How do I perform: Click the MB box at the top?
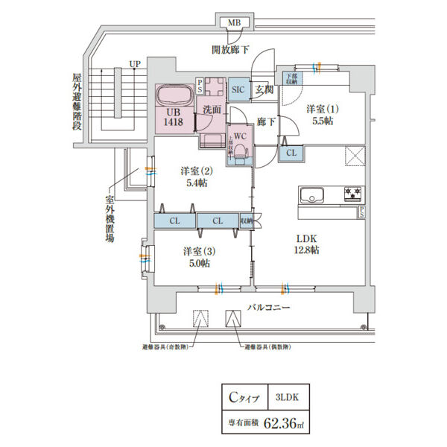coord(235,23)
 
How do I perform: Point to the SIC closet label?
coord(238,89)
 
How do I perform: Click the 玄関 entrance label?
coord(263,89)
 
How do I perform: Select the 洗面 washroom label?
coord(211,110)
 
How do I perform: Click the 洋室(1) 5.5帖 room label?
coord(323,113)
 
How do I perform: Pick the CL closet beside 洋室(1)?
coord(291,153)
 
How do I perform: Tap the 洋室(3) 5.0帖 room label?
coord(196,257)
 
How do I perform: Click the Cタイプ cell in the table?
coord(244,398)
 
